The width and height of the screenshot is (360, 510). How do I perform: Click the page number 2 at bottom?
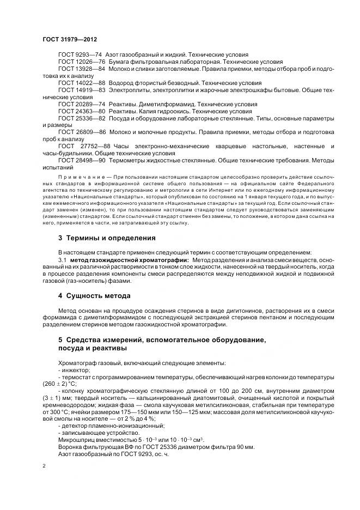click(44, 466)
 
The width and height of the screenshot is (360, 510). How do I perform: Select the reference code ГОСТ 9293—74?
click(80, 55)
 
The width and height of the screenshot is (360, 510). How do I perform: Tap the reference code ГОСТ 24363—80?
click(81, 110)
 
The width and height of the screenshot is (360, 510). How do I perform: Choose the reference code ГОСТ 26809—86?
click(81, 132)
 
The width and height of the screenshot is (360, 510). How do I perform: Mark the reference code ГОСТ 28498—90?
click(81, 161)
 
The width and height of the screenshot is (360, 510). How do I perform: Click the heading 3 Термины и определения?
click(107, 238)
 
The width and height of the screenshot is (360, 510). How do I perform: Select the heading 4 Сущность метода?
click(94, 296)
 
